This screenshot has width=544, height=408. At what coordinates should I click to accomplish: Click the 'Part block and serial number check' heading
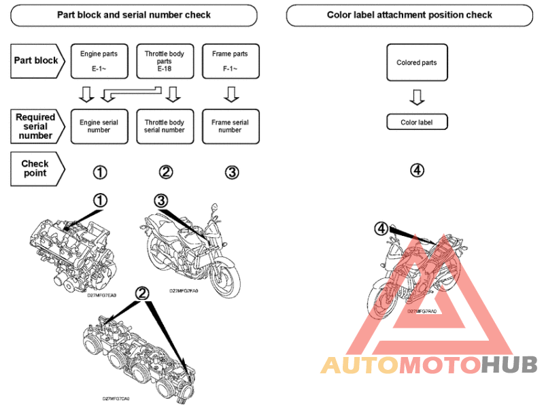[134, 14]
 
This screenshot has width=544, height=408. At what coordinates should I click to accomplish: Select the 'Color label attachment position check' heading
[409, 14]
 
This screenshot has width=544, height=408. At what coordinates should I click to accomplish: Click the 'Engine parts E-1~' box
[99, 61]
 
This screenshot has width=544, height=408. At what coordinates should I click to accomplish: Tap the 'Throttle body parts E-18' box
[165, 61]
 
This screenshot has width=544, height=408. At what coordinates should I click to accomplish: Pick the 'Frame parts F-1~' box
[230, 61]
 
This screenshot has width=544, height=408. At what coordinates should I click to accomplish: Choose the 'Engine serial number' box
[99, 126]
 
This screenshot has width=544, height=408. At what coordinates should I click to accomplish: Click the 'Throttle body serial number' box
[165, 126]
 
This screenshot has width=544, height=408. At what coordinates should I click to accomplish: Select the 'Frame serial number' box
[230, 126]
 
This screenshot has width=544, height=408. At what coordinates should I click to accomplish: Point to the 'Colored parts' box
[417, 63]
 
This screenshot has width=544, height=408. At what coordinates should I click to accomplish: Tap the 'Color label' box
[417, 122]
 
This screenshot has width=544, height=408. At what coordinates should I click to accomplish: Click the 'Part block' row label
[37, 60]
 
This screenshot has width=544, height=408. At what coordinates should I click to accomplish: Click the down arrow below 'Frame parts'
[230, 93]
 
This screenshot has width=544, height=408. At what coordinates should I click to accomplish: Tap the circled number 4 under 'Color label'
[417, 171]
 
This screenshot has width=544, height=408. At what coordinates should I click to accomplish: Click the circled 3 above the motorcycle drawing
[160, 200]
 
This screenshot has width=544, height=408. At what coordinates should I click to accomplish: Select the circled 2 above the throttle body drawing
[142, 293]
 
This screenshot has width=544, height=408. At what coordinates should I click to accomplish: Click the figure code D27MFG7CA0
[116, 398]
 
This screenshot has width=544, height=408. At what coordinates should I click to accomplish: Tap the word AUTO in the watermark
[359, 365]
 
